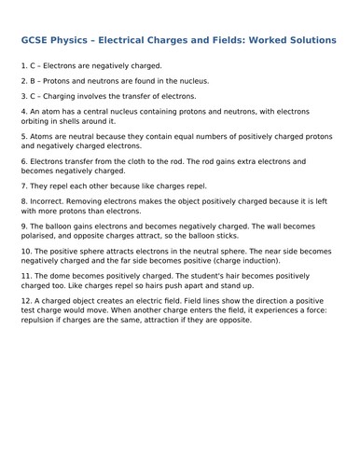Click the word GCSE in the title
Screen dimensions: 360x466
click(x=35, y=42)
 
